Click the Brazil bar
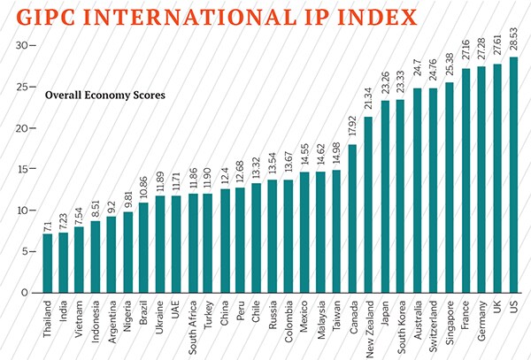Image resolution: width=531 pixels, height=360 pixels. click(143, 248)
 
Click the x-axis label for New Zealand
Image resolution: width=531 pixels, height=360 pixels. click(369, 324)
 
